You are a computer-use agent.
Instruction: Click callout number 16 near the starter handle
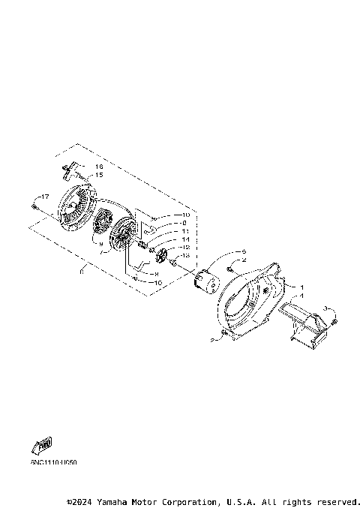(99, 166)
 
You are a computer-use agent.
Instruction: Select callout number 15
(99, 175)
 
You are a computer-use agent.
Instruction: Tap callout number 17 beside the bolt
(44, 197)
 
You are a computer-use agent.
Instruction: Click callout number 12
(184, 247)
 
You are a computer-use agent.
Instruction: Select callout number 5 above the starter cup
(244, 251)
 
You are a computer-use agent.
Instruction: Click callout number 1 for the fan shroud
(301, 287)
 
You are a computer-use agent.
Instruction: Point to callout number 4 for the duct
(302, 296)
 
